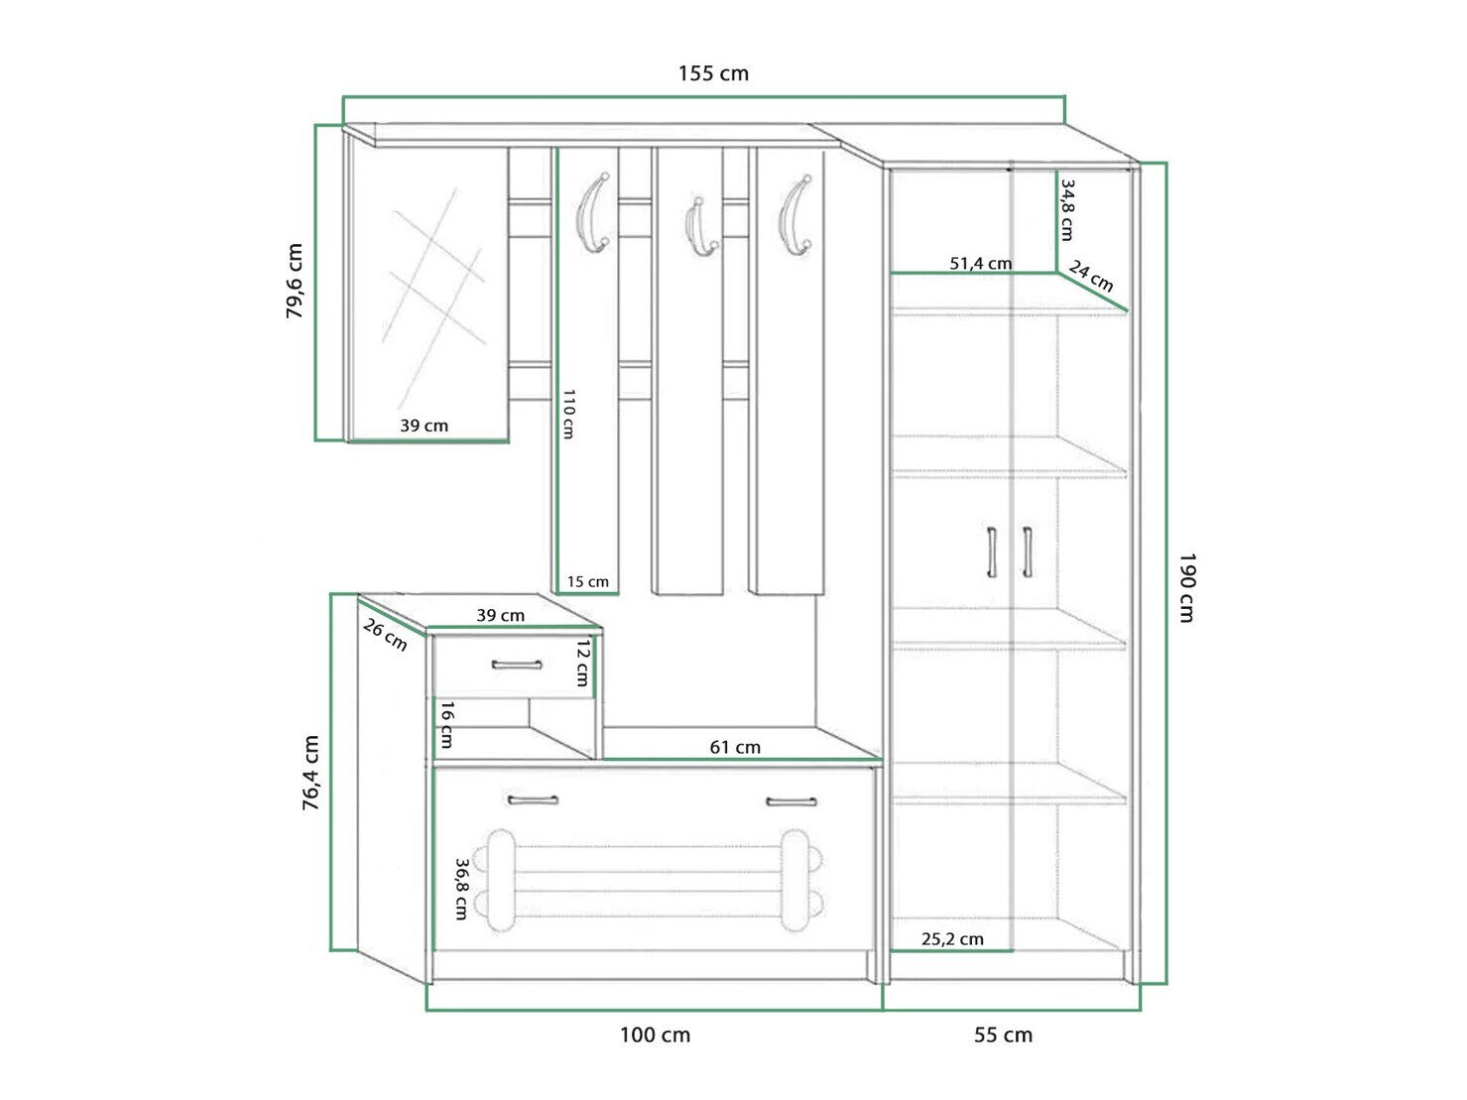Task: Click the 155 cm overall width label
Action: (x=713, y=72)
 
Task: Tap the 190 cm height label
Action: (x=1187, y=587)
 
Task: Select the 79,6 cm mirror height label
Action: (x=294, y=281)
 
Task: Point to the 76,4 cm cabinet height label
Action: (x=310, y=773)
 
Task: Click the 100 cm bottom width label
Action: (x=655, y=1036)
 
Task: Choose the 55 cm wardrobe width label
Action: (x=1003, y=1036)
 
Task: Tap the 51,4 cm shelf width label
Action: (x=980, y=263)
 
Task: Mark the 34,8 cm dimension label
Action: (x=1067, y=209)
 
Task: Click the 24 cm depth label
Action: (x=1091, y=276)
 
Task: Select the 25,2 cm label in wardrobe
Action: (x=952, y=939)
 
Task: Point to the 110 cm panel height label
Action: (x=568, y=414)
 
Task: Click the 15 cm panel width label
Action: (x=588, y=581)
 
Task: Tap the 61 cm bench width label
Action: (x=735, y=747)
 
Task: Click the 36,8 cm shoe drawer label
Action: (x=461, y=890)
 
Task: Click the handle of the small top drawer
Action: (x=517, y=665)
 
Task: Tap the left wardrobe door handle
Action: (x=992, y=552)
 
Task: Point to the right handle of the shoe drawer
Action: (x=792, y=801)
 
